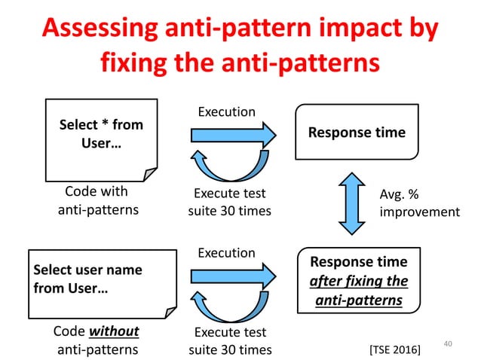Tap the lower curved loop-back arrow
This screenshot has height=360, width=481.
pos(226,307)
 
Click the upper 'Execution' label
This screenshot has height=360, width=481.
pos(226,111)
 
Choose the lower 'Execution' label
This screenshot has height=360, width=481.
pos(226,253)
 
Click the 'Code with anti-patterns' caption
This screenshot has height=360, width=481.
pos(98,200)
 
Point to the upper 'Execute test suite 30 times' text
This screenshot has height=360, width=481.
pos(229,201)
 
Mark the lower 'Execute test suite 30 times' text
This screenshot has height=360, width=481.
pos(229,340)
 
